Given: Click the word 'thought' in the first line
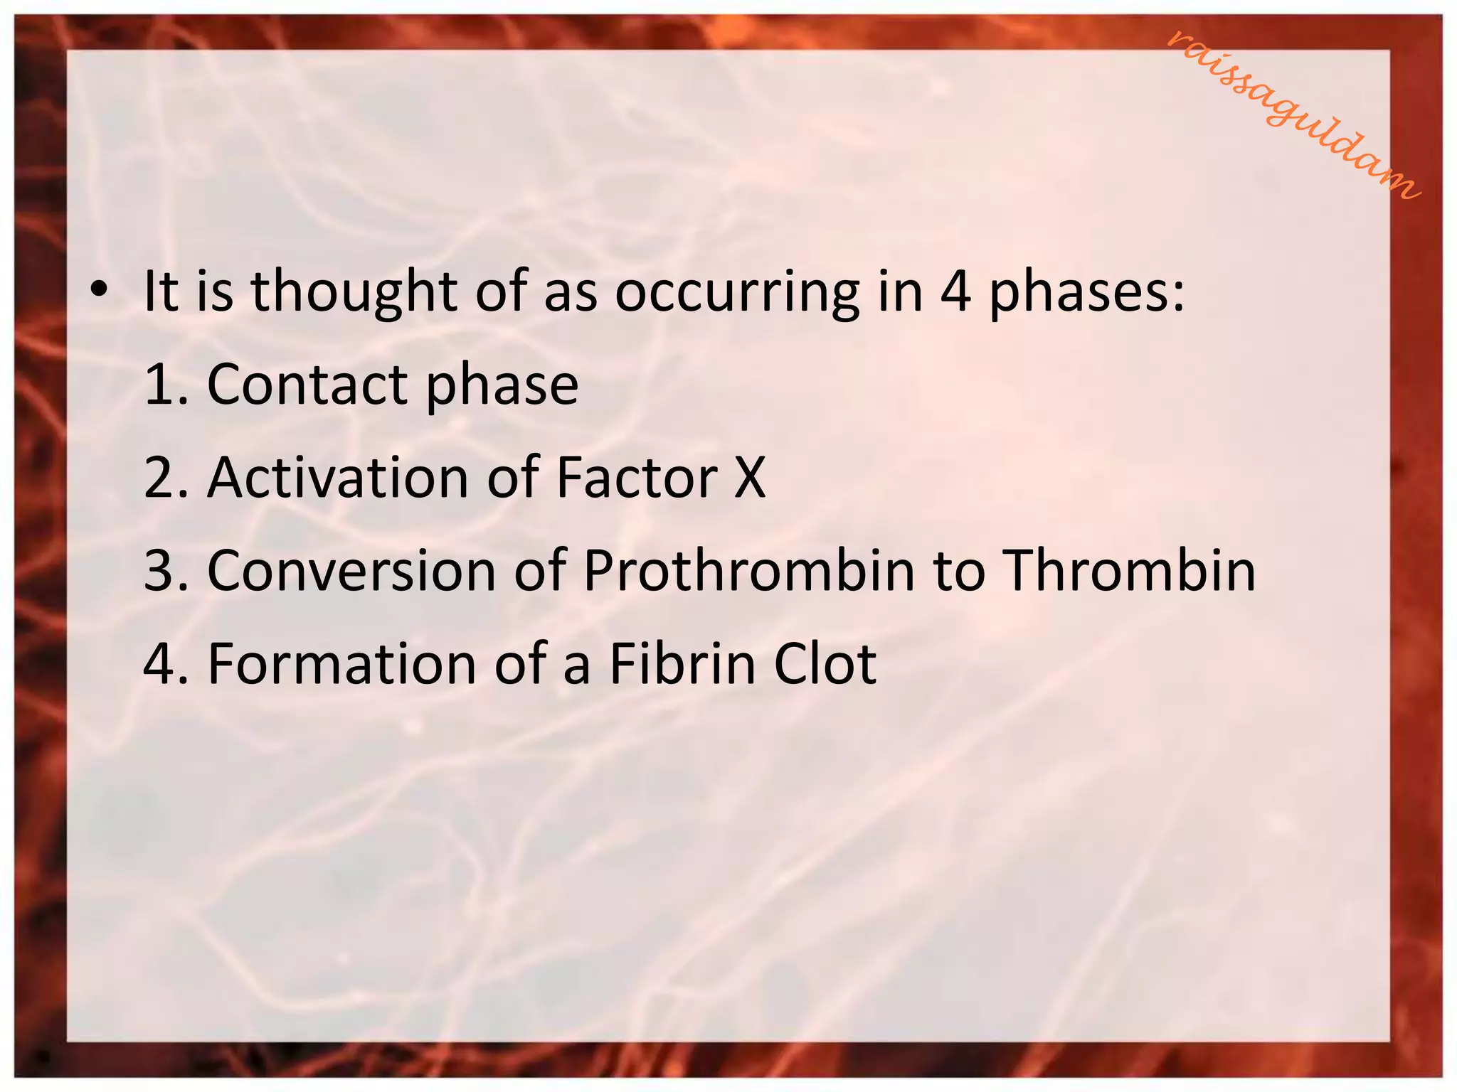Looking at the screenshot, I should point(354,291).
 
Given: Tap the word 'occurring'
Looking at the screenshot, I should point(737,291).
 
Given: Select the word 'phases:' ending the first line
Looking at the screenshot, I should point(1087,291).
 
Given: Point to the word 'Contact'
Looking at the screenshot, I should point(307,385).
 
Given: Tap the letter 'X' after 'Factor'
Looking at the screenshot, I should point(750,478).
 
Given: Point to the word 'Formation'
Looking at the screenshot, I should point(341,664).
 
